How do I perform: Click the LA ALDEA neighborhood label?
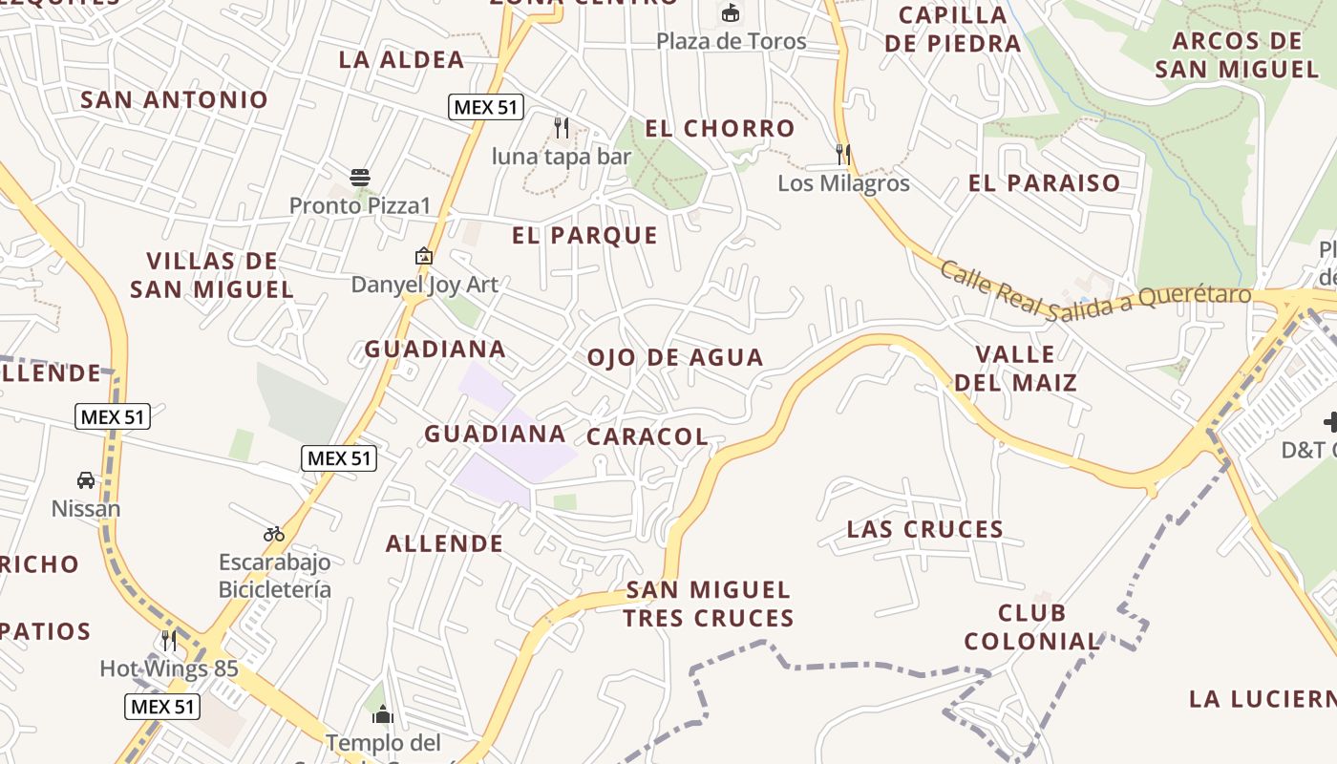tap(401, 59)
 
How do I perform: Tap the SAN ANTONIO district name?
tap(174, 99)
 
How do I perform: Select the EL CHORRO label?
tap(719, 128)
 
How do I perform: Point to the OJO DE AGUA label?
tap(675, 357)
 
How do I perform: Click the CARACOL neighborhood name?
tap(647, 436)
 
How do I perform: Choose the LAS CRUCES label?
tap(924, 528)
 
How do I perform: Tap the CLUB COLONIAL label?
tap(1031, 626)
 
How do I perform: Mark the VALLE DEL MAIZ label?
tap(1015, 369)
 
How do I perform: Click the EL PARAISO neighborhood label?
tap(1044, 182)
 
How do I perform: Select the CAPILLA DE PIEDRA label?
tap(952, 29)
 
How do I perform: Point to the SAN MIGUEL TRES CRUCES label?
tap(708, 604)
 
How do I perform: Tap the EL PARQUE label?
tap(584, 235)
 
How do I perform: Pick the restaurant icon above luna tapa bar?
tap(562, 126)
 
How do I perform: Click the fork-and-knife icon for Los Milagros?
tap(842, 154)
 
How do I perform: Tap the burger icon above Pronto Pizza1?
tap(360, 177)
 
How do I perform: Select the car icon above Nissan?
tap(86, 479)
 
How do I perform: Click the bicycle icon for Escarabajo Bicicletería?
tap(274, 534)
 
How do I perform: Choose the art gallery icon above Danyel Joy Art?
tap(424, 256)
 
